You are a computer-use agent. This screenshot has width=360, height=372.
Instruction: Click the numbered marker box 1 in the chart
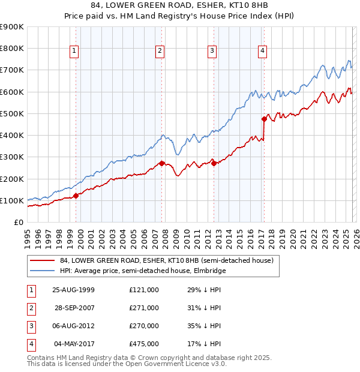(74, 52)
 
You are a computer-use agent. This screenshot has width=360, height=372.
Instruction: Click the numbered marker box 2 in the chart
(160, 52)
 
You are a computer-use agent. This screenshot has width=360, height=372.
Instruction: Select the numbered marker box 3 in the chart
(212, 52)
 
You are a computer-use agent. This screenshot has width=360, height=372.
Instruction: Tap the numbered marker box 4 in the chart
(263, 52)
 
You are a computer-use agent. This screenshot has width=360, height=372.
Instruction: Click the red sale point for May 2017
(264, 119)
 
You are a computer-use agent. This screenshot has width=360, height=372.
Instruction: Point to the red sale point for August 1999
(76, 196)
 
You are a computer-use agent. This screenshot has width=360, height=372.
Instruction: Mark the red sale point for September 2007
(162, 163)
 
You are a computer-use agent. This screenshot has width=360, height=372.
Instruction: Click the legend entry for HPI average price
(141, 271)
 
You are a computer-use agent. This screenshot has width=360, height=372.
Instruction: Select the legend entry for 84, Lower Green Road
(166, 260)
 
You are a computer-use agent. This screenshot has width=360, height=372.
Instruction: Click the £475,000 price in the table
(144, 344)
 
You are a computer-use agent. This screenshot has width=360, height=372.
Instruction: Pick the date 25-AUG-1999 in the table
(73, 290)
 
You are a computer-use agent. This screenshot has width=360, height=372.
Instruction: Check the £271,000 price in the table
(144, 308)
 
